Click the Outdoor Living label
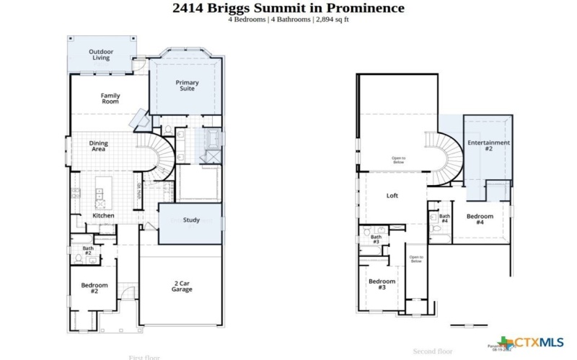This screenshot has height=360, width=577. click(101, 55)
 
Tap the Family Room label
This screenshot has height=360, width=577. click(110, 99)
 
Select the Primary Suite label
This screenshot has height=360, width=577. click(188, 86)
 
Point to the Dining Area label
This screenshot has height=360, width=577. click(98, 146)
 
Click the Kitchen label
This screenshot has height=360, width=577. click(103, 215)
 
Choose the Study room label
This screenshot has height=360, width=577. click(191, 220)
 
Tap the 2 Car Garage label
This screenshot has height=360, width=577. click(182, 286)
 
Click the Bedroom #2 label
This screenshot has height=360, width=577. click(94, 288)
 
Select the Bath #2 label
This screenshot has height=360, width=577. click(88, 251)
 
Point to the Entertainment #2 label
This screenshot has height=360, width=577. click(488, 145)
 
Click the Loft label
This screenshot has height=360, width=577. click(392, 195)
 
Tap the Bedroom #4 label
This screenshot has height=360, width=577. click(480, 219)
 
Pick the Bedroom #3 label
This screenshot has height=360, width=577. click(382, 284)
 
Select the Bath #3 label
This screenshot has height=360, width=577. click(376, 239)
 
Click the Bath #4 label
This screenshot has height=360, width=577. click(444, 218)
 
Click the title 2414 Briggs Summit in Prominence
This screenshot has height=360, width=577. click(288, 8)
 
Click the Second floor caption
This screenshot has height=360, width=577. click(433, 351)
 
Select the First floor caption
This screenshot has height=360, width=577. click(144, 357)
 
